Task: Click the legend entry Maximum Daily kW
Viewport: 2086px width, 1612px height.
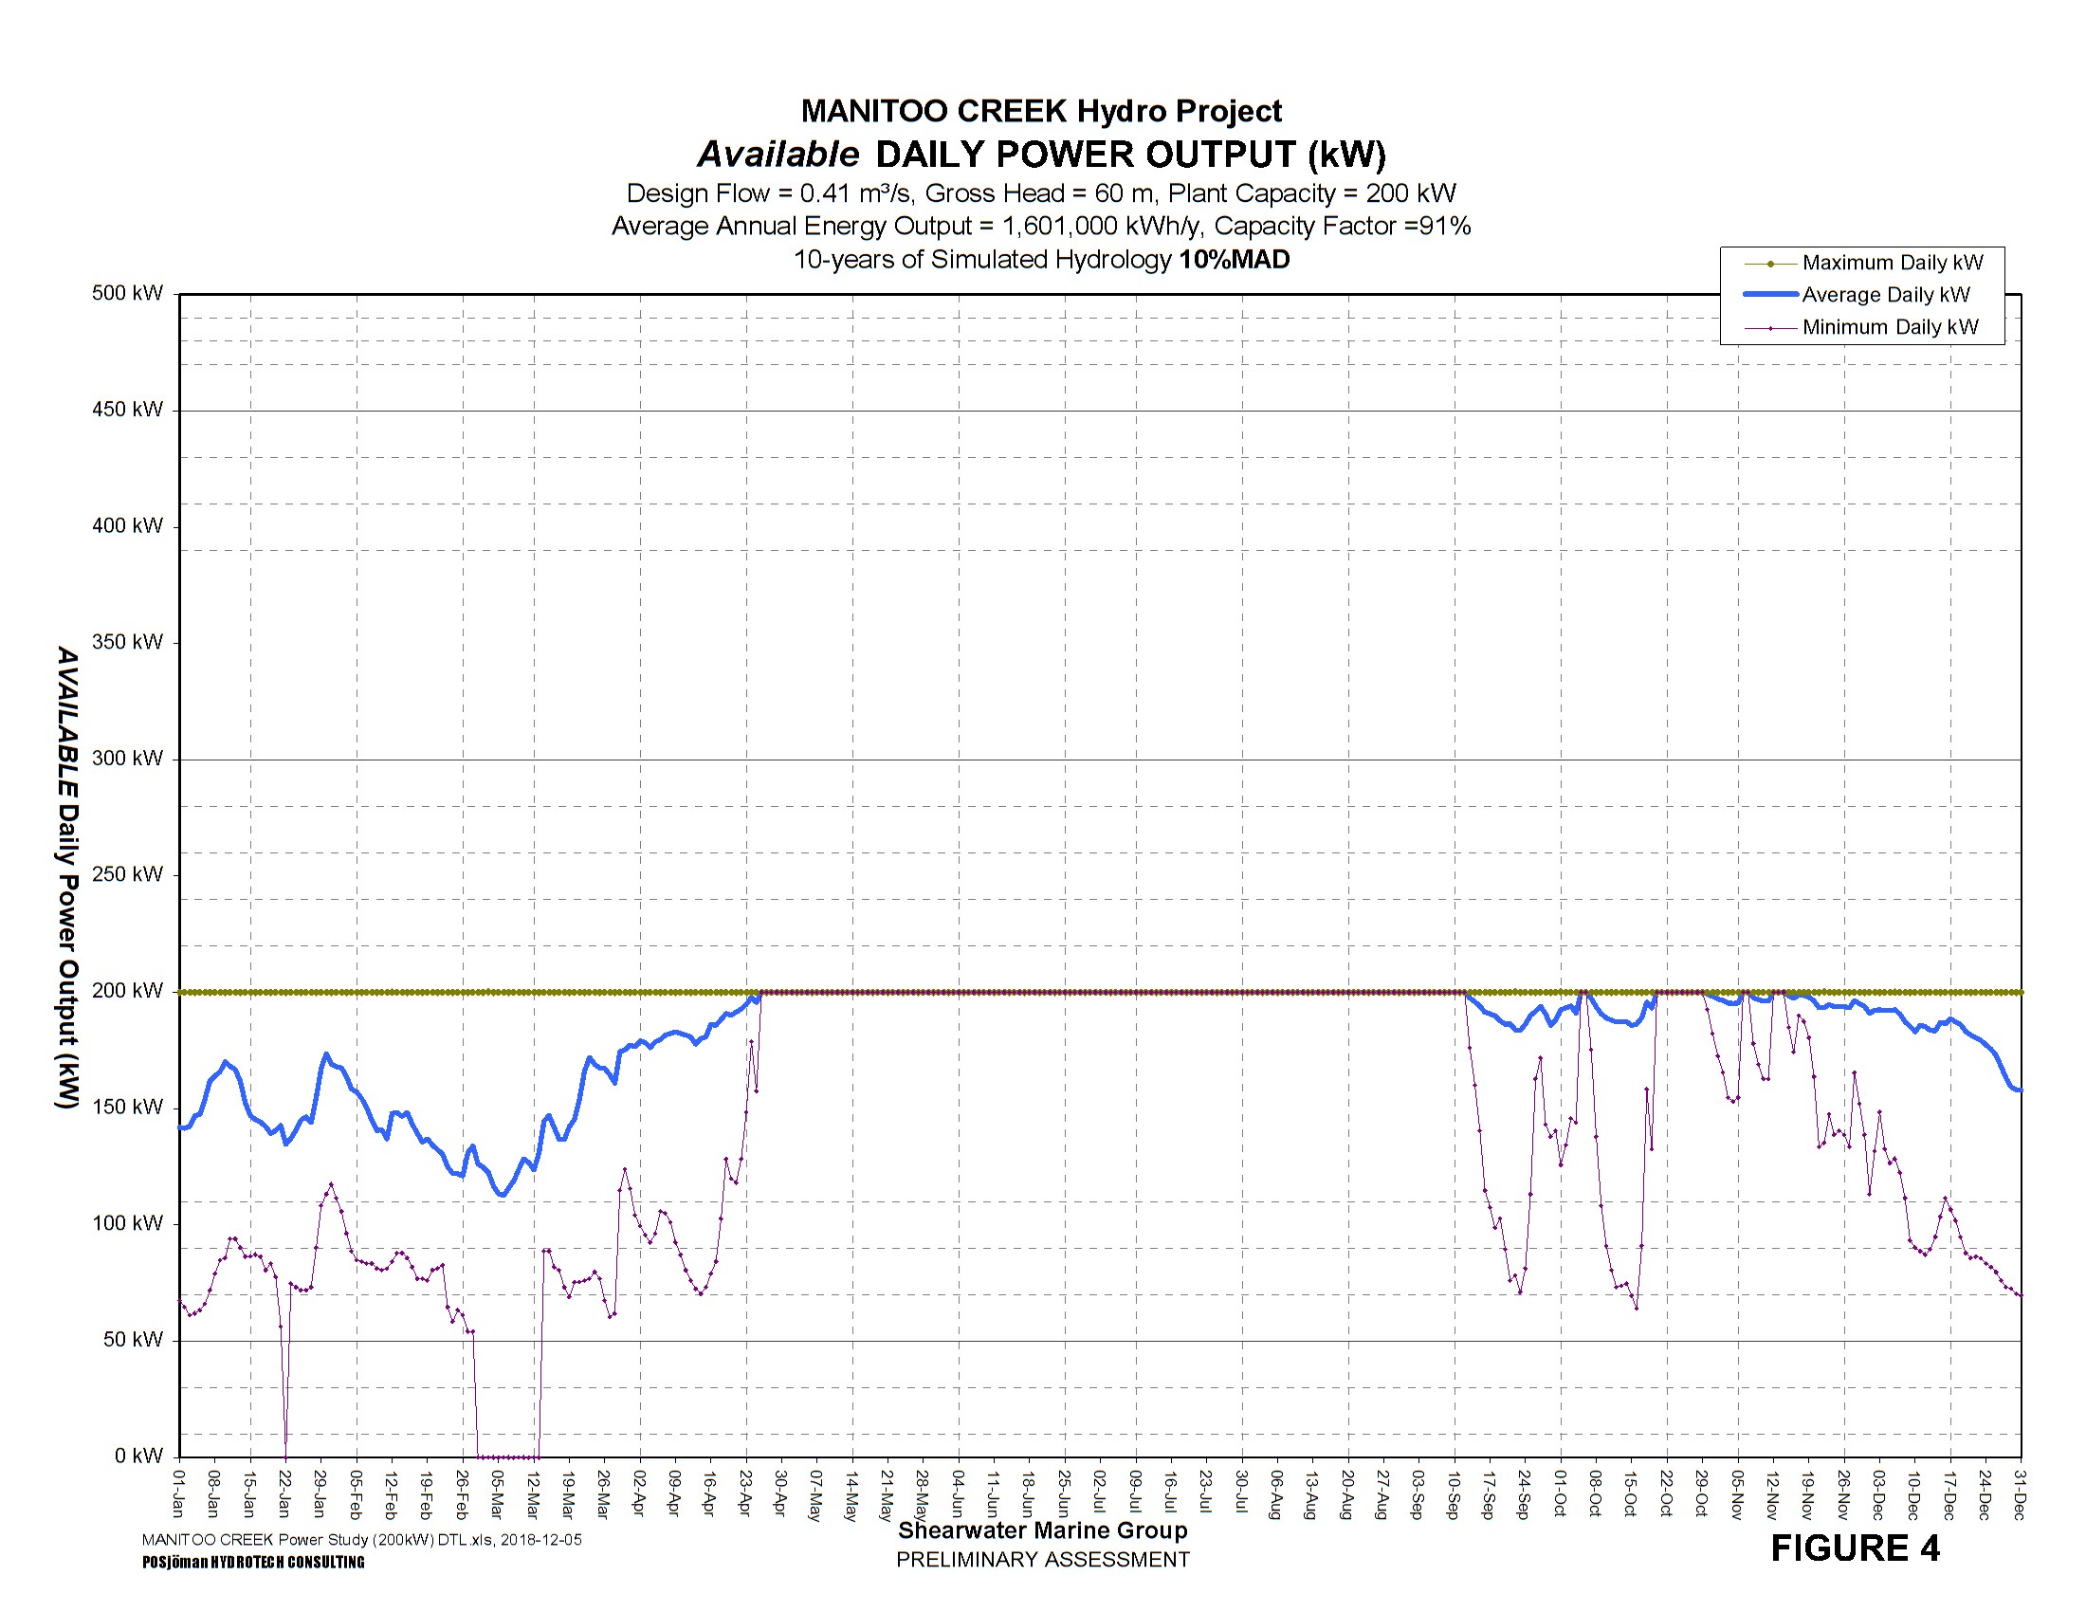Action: click(1892, 263)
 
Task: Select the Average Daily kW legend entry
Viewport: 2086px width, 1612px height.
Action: click(1885, 295)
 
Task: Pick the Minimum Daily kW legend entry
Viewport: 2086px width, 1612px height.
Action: click(1889, 327)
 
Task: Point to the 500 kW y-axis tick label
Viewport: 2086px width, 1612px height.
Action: click(128, 293)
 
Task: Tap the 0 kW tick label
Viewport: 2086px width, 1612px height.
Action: click(139, 1456)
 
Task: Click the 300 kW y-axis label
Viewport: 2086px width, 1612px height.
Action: click(128, 759)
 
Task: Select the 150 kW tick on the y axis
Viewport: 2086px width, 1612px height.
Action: click(128, 1108)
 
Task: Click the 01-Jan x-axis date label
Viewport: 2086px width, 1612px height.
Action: click(178, 1493)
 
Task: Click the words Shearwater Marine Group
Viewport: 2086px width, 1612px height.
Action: click(1043, 1530)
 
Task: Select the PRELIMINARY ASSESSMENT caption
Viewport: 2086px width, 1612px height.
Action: click(1043, 1560)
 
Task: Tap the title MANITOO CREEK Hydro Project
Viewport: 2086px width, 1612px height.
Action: click(1041, 111)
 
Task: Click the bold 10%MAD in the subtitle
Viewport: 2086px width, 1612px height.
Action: click(1234, 260)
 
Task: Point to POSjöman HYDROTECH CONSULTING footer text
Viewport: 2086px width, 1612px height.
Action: click(253, 1563)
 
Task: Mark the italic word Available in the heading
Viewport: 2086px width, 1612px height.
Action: click(778, 155)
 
